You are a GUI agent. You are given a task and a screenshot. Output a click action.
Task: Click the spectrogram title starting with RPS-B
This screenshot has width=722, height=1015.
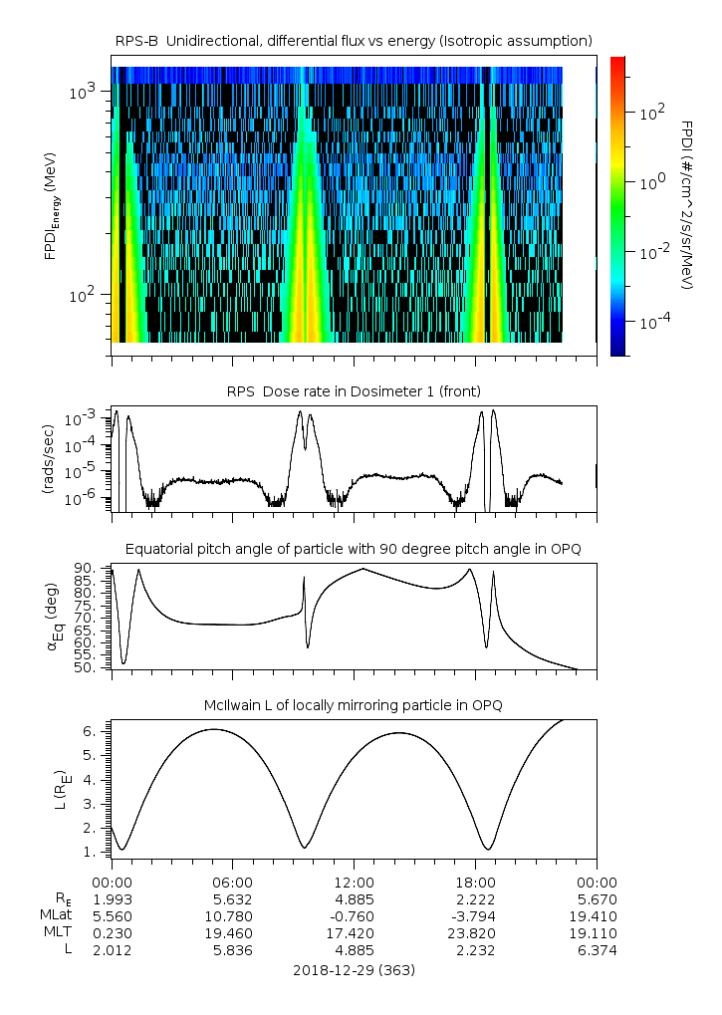point(354,40)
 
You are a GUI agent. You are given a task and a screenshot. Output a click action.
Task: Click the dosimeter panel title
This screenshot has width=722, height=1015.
point(354,390)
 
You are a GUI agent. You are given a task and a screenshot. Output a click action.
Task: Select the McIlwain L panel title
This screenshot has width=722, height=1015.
point(354,705)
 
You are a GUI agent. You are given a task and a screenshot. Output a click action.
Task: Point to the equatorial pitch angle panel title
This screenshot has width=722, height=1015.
point(354,549)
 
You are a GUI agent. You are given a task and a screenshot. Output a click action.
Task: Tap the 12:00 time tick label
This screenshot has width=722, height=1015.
point(354,883)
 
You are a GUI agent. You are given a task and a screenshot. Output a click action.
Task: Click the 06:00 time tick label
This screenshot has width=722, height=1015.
point(232,883)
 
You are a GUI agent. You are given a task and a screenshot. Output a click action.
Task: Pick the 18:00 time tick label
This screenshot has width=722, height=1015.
point(475,883)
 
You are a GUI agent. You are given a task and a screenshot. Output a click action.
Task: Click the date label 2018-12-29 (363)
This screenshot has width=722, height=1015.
point(354,970)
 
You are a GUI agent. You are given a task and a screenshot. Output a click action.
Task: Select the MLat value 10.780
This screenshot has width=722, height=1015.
point(232,916)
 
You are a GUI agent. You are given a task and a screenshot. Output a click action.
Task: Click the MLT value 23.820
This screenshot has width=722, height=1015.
point(475,933)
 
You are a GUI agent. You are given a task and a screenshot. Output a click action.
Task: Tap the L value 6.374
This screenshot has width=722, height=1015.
point(597,950)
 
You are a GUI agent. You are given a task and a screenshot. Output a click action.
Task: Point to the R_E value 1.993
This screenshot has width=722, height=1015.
point(112,899)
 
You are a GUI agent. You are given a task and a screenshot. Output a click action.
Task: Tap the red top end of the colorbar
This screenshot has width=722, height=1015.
point(617,62)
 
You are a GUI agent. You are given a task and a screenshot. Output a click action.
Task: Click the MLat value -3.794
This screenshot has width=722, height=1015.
point(475,916)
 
